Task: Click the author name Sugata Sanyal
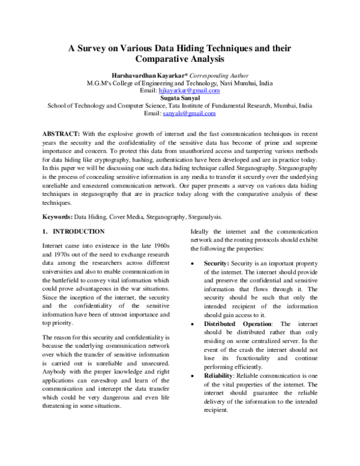tap(179, 97)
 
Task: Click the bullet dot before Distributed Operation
tap(191, 324)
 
